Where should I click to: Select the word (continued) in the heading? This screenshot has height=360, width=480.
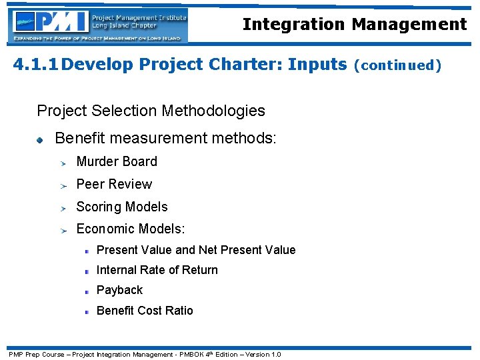397,65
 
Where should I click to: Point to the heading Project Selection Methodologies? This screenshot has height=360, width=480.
151,111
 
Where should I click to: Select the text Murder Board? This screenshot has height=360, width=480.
117,161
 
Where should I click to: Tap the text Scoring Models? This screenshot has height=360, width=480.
122,207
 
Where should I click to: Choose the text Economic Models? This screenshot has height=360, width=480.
131,229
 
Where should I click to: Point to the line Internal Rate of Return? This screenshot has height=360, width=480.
157,270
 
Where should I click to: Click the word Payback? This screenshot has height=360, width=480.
119,290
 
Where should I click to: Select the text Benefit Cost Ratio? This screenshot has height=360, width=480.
145,311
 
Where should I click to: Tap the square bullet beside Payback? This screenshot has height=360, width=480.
87,291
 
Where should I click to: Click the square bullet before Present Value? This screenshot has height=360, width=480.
87,251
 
